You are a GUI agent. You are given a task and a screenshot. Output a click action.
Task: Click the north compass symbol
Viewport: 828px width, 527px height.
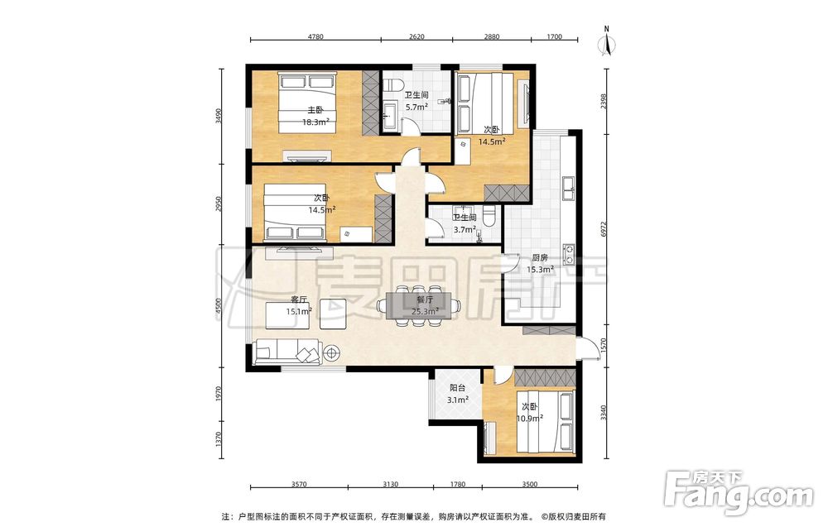pyautogui.click(x=607, y=41)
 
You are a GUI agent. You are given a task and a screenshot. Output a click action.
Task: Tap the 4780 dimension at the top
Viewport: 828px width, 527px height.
pyautogui.click(x=315, y=37)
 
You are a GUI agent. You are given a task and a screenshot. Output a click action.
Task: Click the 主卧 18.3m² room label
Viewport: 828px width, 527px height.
pyautogui.click(x=315, y=116)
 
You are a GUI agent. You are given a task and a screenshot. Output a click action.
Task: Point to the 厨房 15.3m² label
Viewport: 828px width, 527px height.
pyautogui.click(x=540, y=264)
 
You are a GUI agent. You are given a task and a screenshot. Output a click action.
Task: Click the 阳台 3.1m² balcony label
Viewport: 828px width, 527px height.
pyautogui.click(x=457, y=394)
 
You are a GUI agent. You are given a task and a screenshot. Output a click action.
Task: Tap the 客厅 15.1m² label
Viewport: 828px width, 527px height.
pyautogui.click(x=299, y=305)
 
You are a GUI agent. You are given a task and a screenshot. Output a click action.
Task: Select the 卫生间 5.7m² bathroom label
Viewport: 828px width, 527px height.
pyautogui.click(x=416, y=101)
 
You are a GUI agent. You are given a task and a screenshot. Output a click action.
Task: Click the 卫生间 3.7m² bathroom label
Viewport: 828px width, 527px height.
pyautogui.click(x=465, y=223)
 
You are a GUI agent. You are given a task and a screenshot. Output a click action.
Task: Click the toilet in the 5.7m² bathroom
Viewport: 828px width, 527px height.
pyautogui.click(x=392, y=85)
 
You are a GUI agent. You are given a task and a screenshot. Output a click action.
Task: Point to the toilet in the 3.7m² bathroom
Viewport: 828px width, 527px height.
pyautogui.click(x=489, y=215)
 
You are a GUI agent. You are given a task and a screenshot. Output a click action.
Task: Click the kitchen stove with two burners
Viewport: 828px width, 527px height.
pyautogui.click(x=569, y=253)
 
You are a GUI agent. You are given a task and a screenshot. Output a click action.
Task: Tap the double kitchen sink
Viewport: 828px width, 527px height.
pyautogui.click(x=569, y=189)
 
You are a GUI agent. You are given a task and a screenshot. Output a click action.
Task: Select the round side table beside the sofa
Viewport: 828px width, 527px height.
pyautogui.click(x=332, y=353)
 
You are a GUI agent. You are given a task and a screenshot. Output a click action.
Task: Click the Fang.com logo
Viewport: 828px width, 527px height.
pyautogui.click(x=739, y=493)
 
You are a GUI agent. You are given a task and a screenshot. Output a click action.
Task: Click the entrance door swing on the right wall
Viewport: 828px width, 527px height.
pyautogui.click(x=588, y=348)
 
